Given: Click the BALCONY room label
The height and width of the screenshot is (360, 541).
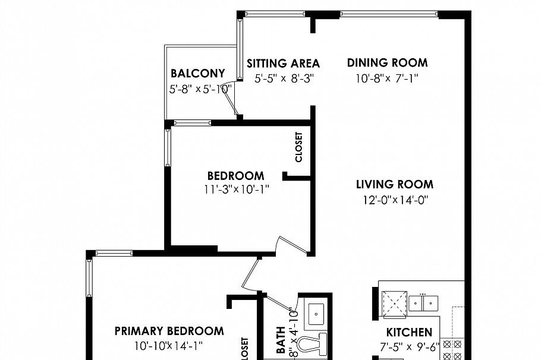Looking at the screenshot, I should coord(197,74).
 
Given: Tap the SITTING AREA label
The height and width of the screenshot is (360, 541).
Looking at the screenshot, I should coord(283,64).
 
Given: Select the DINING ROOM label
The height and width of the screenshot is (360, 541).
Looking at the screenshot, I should coord(387,62).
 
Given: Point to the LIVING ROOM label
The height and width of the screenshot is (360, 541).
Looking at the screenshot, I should coord(394,184).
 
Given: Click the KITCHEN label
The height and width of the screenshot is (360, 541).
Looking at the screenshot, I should coord(409,332).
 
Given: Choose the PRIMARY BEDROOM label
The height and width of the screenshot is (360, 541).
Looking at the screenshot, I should coord(169,331).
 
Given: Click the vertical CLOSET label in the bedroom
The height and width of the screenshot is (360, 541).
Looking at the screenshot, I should coord(298,147).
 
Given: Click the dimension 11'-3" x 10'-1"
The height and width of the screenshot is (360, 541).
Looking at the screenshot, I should coord(235,190).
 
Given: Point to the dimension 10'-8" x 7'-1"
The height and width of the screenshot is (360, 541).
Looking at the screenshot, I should coord(387,78).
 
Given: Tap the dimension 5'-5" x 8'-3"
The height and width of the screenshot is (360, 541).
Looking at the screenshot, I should coord(283,78).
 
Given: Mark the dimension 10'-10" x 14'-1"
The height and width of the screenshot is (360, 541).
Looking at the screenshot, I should coord(169,345).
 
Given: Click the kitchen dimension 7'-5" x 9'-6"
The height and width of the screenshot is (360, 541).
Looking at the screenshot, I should coord(409,346).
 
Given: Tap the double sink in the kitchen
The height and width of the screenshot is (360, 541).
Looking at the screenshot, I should coord(423,302).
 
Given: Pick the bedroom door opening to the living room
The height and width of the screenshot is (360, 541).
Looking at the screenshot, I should coord(291,246).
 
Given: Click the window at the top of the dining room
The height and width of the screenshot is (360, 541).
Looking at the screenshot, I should coord(389,14).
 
